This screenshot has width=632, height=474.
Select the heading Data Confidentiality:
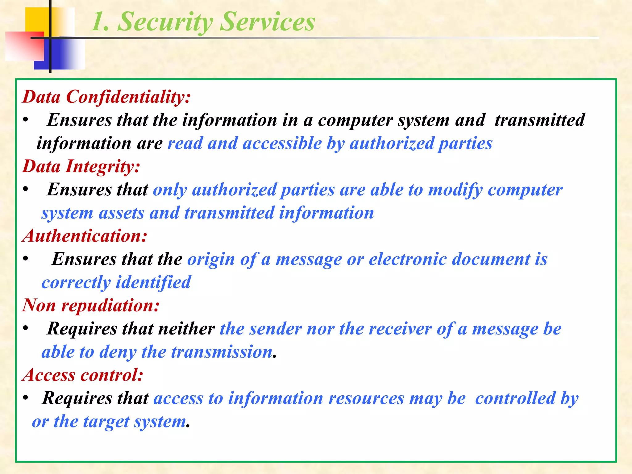[x=106, y=97]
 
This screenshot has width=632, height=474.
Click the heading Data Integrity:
[x=81, y=167]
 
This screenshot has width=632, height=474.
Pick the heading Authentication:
[x=85, y=236]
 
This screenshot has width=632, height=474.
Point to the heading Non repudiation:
[x=91, y=306]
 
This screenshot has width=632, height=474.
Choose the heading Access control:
[x=83, y=375]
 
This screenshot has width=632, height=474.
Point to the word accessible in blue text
[x=282, y=143]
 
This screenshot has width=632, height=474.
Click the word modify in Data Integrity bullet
[x=455, y=190]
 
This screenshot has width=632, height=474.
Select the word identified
[x=153, y=282]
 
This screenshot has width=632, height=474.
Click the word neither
[x=186, y=329]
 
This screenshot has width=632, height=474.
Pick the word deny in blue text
[x=117, y=352]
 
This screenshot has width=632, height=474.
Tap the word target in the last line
[x=106, y=422]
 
